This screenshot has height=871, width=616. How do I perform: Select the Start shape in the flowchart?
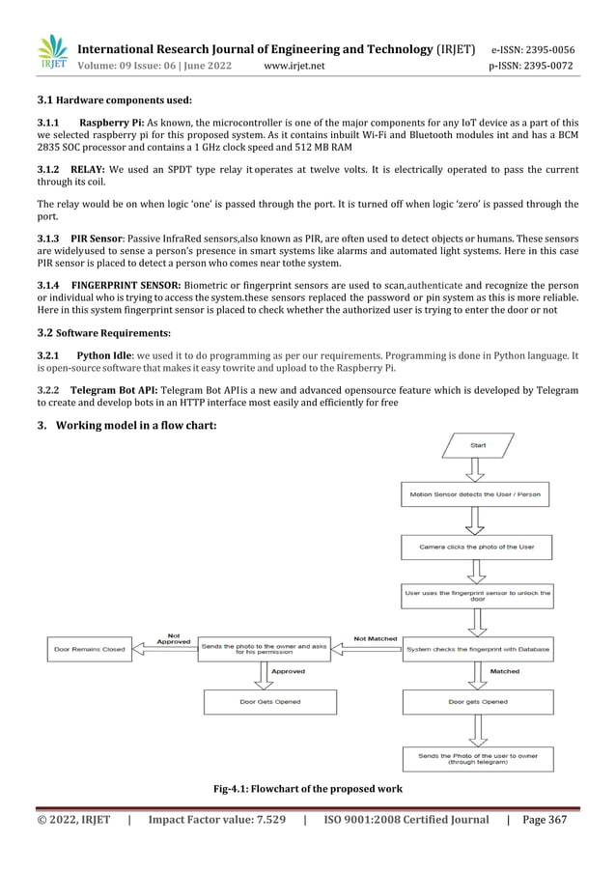tap(478, 445)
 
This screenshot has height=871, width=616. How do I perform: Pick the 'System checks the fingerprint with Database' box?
tap(477, 650)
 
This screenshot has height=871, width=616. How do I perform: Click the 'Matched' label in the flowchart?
tap(504, 671)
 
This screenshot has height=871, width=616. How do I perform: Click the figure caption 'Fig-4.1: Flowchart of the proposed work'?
tap(308, 791)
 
